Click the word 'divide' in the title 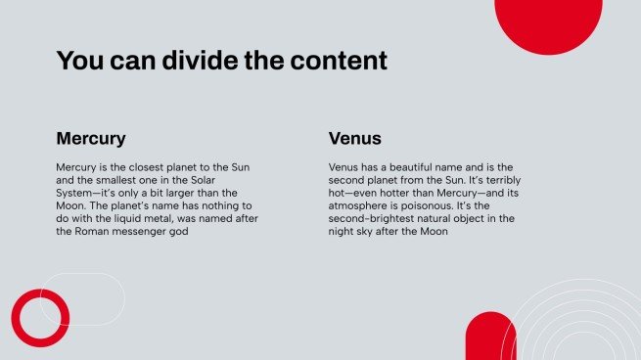pos(200,61)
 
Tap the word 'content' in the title pos(339,61)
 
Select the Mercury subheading pos(91,139)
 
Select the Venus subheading pos(355,139)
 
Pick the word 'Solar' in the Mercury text pos(203,180)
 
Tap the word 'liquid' pos(127,218)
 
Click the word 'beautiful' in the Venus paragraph pos(410,167)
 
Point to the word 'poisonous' pos(427,205)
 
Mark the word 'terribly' pos(503,180)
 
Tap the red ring pos(16,318)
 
